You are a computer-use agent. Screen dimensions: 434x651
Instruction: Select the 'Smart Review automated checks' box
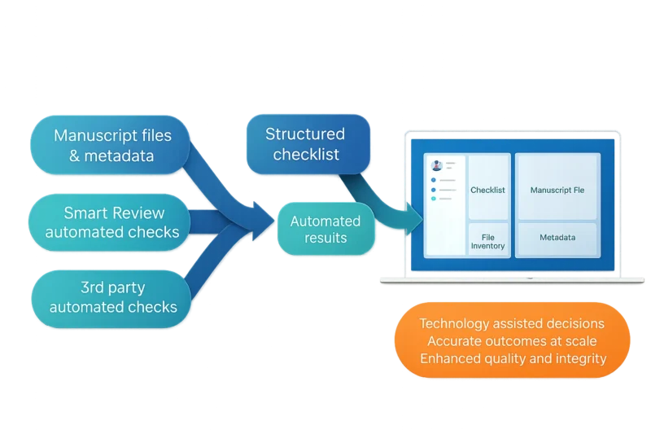tap(112, 222)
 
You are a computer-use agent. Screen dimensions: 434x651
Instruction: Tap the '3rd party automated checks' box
tap(112, 297)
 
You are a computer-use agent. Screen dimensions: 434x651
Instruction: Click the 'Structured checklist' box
tap(305, 144)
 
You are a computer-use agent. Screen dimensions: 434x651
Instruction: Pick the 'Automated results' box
tap(325, 229)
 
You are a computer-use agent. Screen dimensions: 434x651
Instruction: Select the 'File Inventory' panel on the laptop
tap(488, 240)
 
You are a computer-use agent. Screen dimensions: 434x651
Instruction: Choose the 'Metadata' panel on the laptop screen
tap(557, 239)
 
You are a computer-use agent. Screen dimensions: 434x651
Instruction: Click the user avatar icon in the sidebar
tap(437, 165)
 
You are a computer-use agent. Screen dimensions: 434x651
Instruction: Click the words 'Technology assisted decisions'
tap(511, 324)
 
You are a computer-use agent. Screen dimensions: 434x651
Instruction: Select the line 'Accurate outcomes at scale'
tap(511, 341)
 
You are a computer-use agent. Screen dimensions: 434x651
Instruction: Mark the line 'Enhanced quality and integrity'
tap(511, 358)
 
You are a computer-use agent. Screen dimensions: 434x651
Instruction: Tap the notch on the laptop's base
tap(531, 276)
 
